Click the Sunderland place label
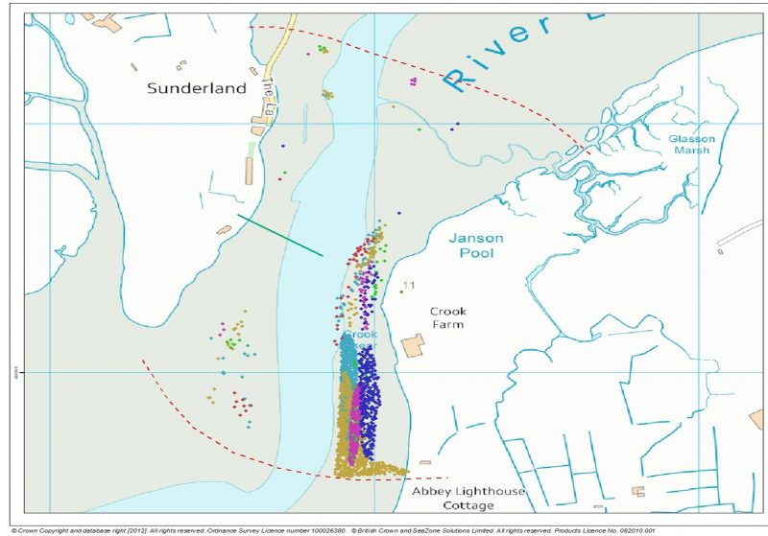196,88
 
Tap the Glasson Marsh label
691,144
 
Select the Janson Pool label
477,245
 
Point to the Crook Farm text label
446,318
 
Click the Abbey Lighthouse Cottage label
468,498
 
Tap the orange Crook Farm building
414,345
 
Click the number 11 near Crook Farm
409,286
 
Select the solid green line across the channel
280,236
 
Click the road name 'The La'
270,91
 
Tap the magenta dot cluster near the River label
413,82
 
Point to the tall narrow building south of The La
249,171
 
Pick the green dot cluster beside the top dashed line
323,49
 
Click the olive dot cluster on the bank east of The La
327,94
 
